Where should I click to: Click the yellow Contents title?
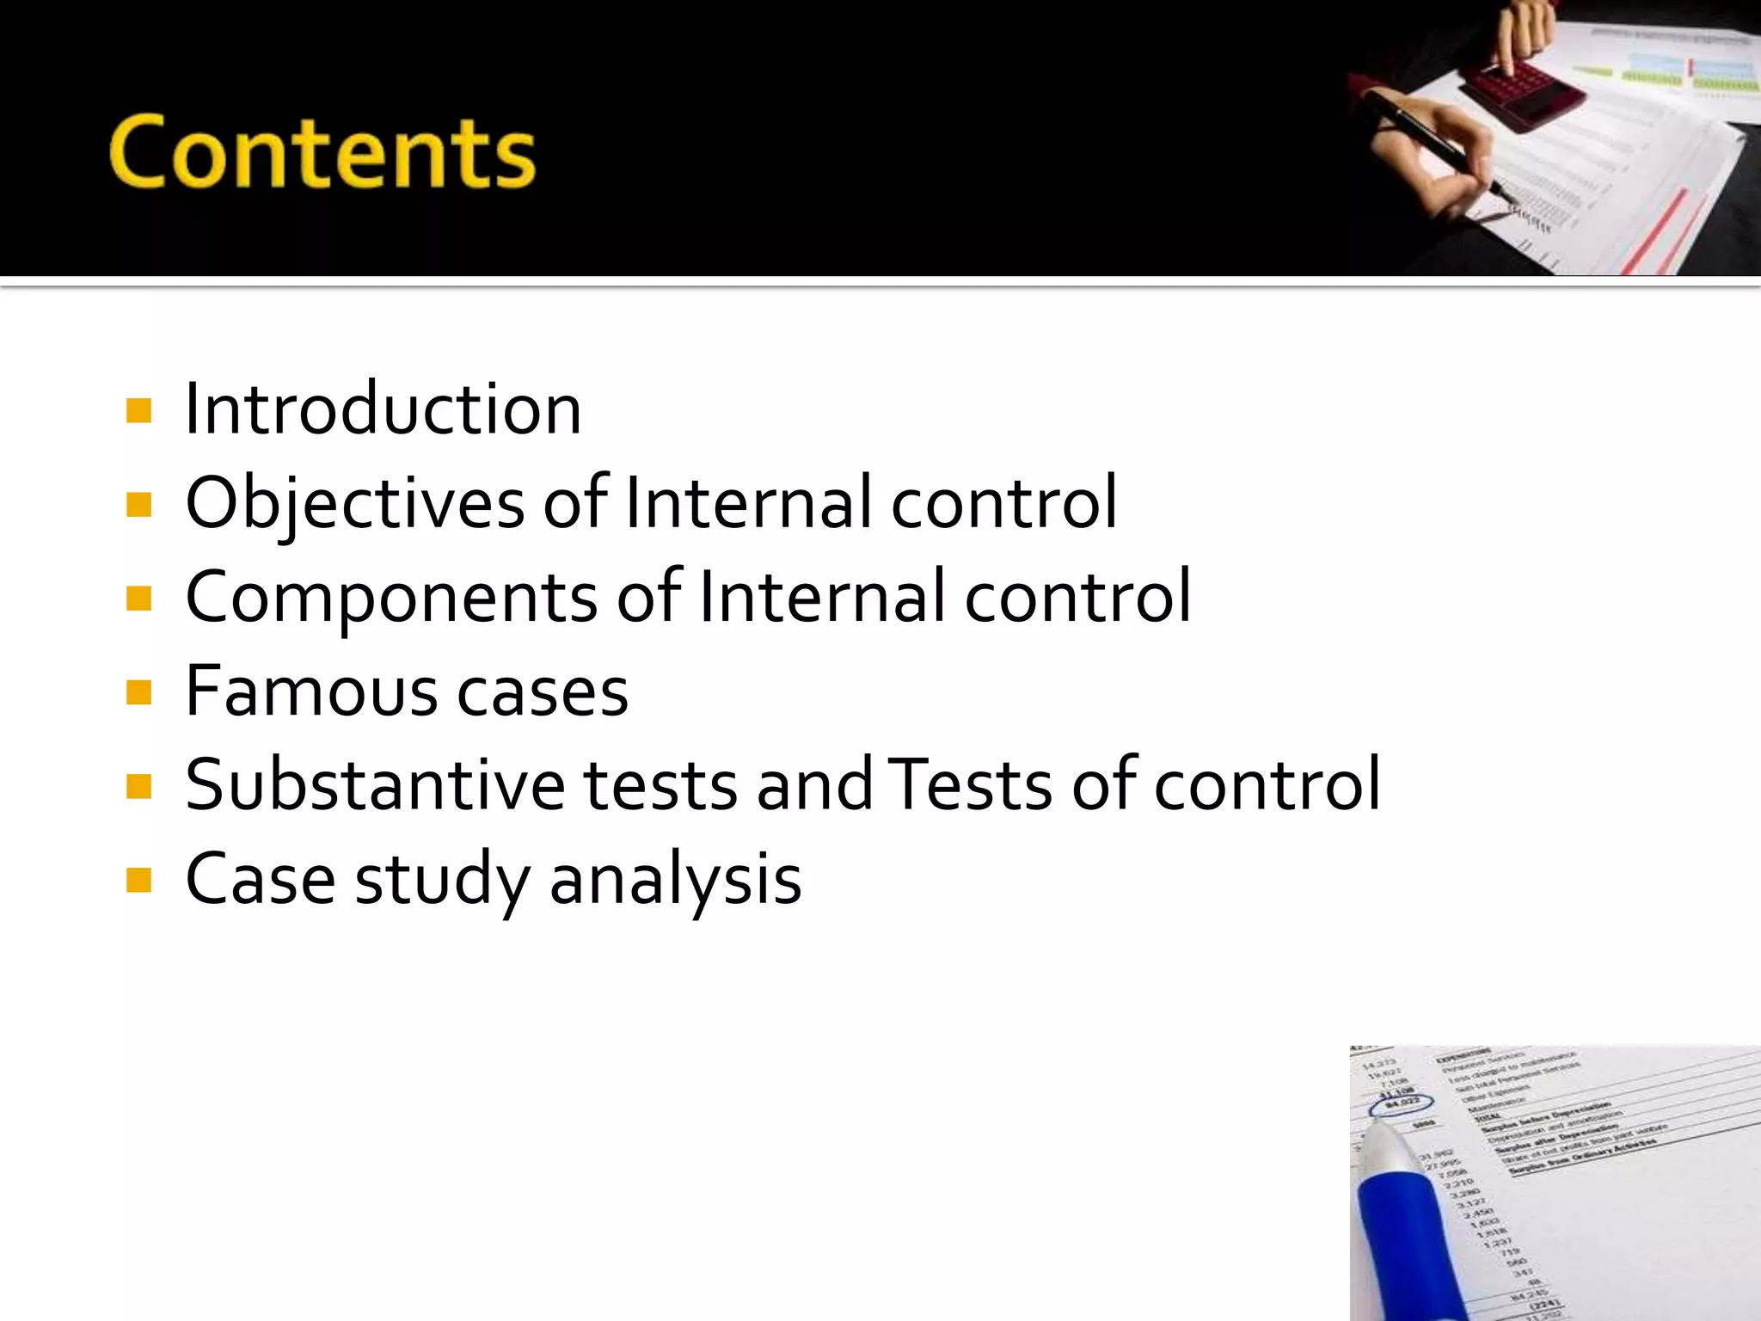[x=322, y=152]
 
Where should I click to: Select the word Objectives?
[x=354, y=503]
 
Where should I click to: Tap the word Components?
[x=391, y=597]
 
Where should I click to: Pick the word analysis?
[x=675, y=879]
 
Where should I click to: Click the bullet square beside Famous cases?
[x=138, y=692]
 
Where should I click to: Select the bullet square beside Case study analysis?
[x=138, y=880]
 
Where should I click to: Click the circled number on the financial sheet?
[x=1401, y=1103]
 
